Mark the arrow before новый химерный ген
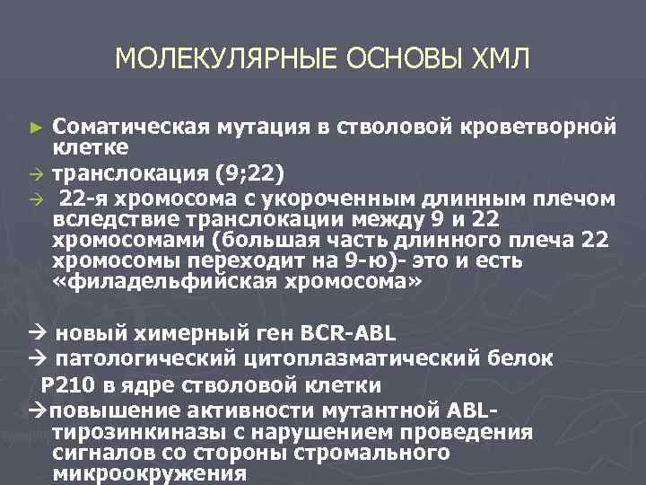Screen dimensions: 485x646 (37, 335)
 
